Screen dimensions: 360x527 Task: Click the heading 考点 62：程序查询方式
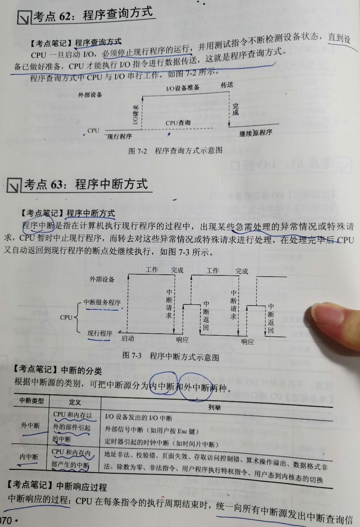click(93, 15)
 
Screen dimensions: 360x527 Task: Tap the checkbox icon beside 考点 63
click(14, 186)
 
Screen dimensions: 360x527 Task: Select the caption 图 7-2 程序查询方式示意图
click(175, 150)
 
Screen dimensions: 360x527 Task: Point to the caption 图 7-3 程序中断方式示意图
click(170, 356)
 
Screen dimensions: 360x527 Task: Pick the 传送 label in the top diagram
click(227, 84)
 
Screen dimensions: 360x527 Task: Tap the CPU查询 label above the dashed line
click(178, 123)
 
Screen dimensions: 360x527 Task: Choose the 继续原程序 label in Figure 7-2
click(256, 133)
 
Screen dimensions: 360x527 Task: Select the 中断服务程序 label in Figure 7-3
click(102, 302)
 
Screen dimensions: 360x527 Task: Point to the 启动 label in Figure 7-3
click(128, 338)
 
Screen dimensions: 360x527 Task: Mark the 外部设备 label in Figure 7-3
click(102, 279)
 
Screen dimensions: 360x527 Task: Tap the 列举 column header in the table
click(214, 407)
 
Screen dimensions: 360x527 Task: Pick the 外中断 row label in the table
click(30, 426)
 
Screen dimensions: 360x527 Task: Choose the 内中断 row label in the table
click(29, 457)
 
